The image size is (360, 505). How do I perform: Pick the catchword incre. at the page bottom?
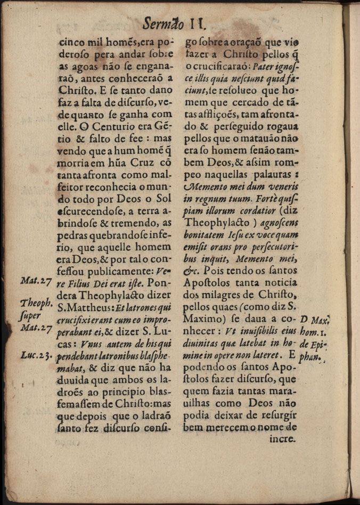[283, 440]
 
